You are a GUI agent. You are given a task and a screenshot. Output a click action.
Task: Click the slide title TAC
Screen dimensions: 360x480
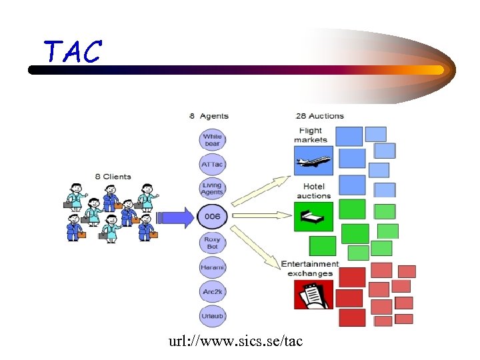click(x=73, y=51)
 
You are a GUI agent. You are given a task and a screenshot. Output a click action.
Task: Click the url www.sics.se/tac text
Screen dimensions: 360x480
click(x=236, y=341)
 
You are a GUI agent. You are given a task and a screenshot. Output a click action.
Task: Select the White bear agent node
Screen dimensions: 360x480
click(x=212, y=140)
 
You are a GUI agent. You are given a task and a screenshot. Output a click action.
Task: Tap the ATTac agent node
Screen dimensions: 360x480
click(x=212, y=164)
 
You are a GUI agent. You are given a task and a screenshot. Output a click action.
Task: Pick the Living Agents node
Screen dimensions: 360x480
click(x=212, y=189)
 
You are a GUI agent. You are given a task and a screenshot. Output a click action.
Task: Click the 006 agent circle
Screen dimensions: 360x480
click(x=212, y=217)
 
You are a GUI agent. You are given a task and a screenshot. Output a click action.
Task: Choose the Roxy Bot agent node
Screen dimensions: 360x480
click(x=212, y=243)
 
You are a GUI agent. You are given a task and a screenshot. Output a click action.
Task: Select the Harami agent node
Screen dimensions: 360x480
click(x=212, y=267)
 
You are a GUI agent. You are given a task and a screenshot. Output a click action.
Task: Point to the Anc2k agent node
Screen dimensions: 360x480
click(x=212, y=291)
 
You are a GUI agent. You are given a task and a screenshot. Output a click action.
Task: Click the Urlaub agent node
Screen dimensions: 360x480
click(x=212, y=315)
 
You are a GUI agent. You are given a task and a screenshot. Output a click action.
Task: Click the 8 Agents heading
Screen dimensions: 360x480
click(x=209, y=116)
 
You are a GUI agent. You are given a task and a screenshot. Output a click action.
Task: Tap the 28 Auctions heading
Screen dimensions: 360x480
click(x=320, y=116)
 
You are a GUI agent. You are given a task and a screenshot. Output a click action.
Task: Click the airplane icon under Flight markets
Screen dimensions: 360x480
click(x=313, y=161)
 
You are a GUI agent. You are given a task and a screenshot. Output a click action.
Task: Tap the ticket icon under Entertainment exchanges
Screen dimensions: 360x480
click(x=313, y=294)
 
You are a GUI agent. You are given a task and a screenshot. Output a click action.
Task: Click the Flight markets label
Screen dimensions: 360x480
click(x=311, y=135)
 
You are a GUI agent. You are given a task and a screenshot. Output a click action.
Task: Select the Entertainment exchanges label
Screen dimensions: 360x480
click(x=310, y=269)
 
